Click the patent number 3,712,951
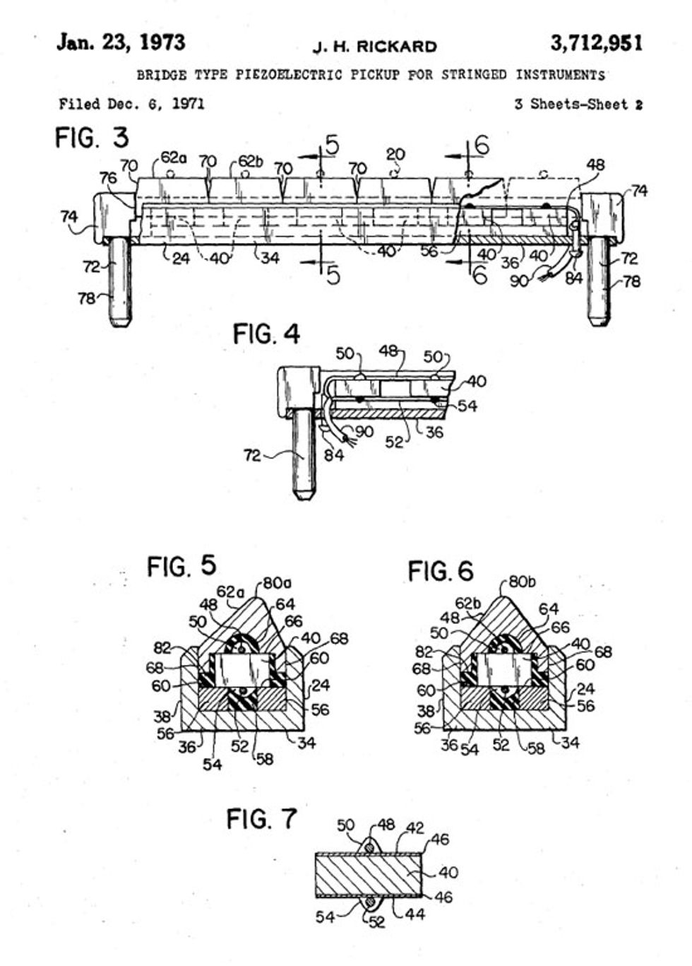596,44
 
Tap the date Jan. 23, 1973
121,42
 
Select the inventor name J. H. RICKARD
374,47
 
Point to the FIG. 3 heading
92,137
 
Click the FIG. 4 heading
266,333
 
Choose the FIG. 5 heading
181,566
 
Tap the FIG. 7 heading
261,819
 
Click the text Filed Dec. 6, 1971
132,104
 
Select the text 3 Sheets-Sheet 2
578,105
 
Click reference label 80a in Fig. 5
277,584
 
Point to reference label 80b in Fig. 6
523,584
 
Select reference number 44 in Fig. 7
415,914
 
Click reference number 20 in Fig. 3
395,154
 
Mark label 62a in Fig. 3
173,158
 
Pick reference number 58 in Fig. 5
264,759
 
